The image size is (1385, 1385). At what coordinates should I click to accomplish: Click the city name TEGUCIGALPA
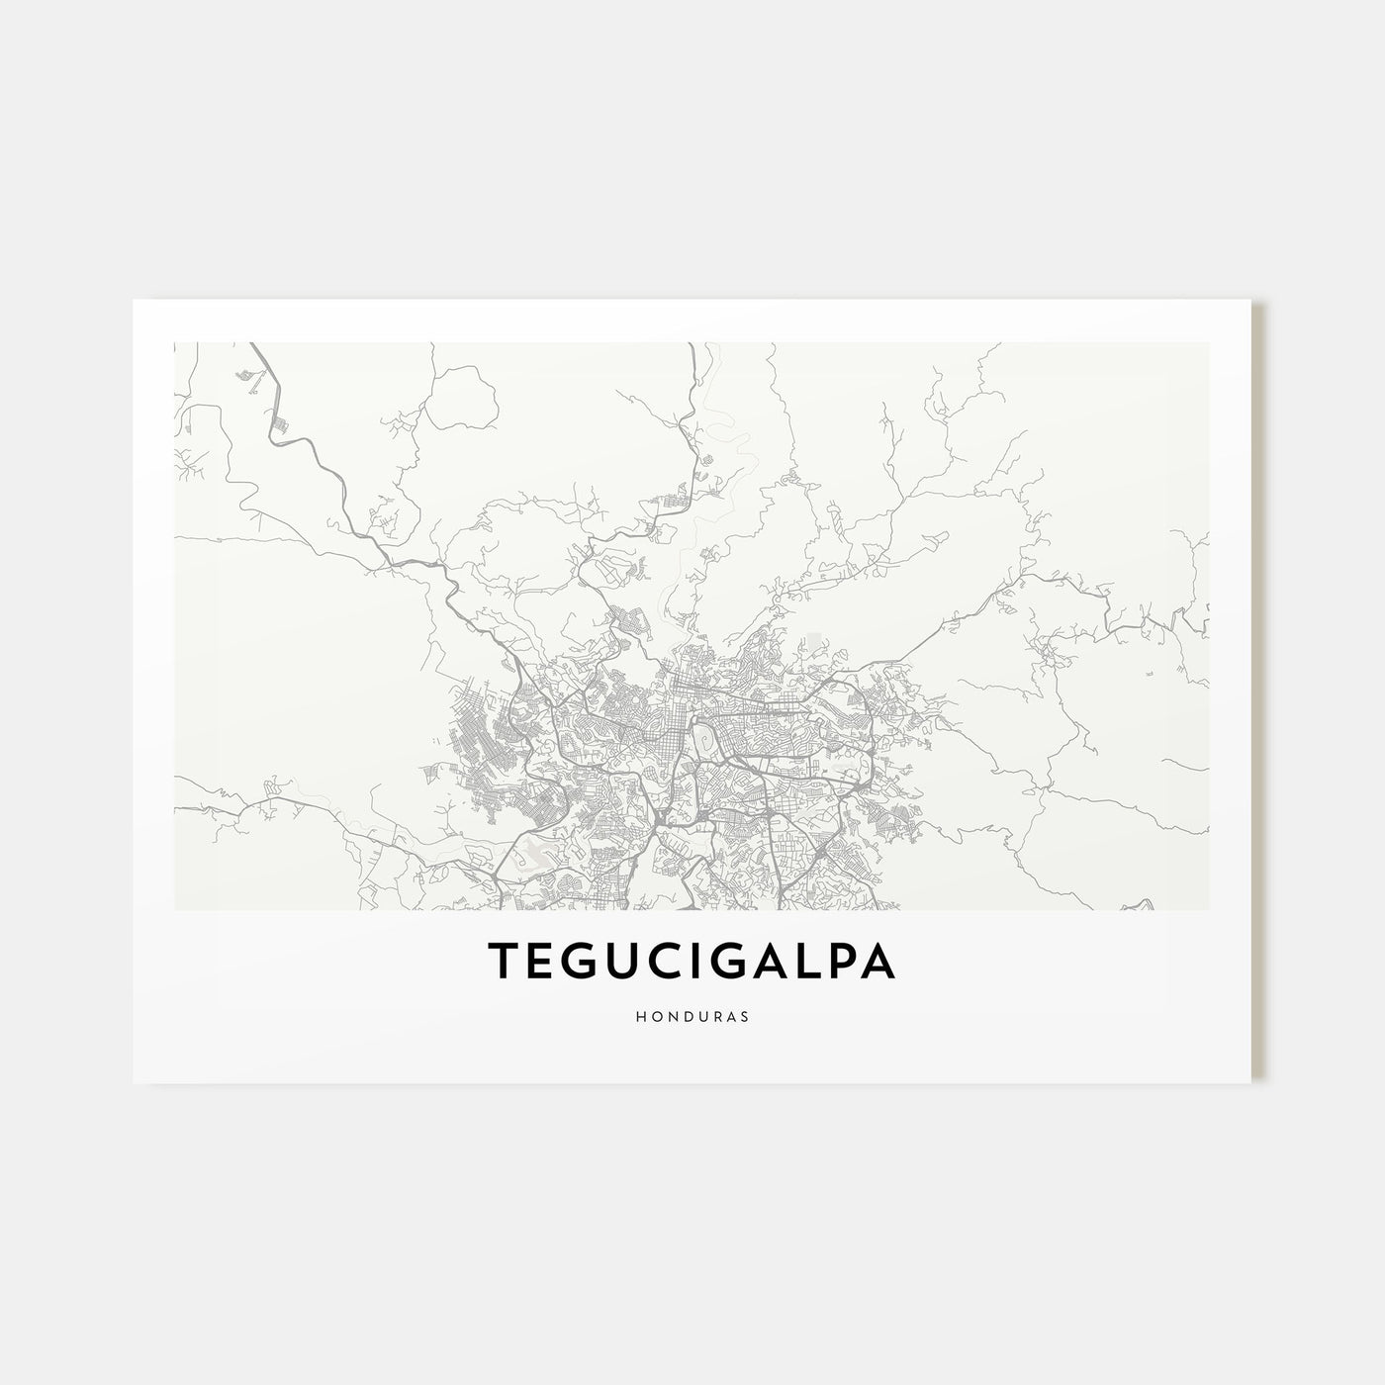tap(692, 960)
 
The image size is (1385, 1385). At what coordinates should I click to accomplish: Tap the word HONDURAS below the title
tap(692, 1015)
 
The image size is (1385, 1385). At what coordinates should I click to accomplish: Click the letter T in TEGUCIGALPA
tap(503, 960)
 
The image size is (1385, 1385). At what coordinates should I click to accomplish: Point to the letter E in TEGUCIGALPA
tap(539, 960)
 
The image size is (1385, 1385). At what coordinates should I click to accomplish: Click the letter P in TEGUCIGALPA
tap(841, 960)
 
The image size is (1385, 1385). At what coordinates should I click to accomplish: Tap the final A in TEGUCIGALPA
tap(878, 960)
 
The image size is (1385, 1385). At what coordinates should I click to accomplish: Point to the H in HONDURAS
tap(641, 1015)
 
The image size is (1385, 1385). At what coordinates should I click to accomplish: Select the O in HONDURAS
tap(655, 1015)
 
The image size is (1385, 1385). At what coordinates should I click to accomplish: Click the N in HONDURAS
tap(670, 1015)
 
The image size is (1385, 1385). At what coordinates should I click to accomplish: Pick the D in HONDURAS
tap(685, 1015)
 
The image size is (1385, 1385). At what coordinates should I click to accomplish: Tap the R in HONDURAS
tap(714, 1015)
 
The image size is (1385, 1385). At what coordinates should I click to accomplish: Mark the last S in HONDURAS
tap(743, 1015)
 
